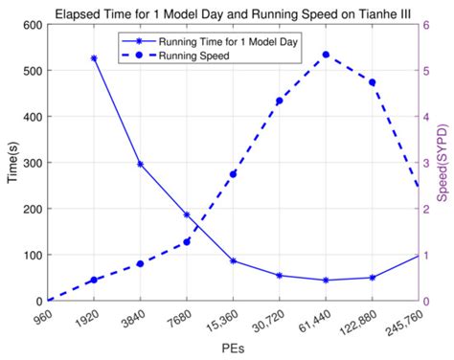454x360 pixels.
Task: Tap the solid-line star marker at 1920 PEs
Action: (x=94, y=58)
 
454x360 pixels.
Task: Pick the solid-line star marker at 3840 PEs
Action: (x=140, y=165)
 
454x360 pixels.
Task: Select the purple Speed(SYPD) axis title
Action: (x=443, y=163)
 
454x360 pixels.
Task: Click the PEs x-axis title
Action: (x=233, y=350)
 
